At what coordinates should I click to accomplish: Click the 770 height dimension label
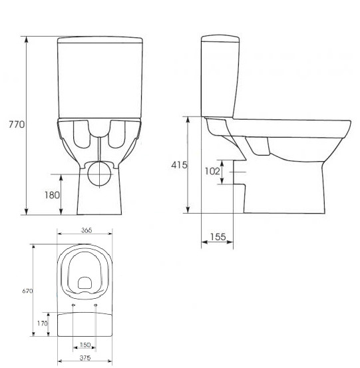coord(17,124)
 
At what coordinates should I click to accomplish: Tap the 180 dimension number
coord(52,195)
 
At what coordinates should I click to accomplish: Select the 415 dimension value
coord(179,165)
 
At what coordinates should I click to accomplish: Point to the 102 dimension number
coord(212,171)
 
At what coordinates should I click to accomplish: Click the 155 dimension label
coord(218,237)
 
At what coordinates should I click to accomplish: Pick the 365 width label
coord(87,230)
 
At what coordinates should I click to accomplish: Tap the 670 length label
coord(27,291)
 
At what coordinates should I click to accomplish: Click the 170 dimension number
coord(42,323)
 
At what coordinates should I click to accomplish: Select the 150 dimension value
coord(85,345)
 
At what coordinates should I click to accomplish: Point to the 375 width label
coord(85,358)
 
